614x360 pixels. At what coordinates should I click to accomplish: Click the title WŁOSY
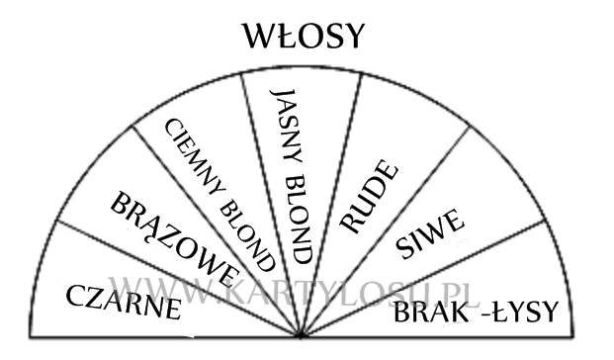coord(305,37)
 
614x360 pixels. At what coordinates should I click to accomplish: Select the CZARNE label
coord(123,302)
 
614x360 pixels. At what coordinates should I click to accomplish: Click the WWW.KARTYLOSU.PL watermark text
coord(297,293)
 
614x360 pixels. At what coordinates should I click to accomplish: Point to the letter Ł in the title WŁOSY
coord(280,37)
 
